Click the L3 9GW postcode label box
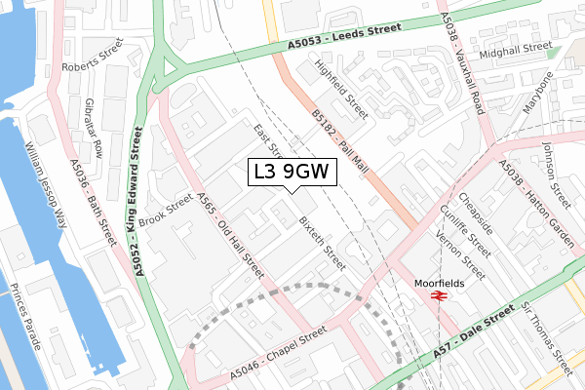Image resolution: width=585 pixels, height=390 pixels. (292, 173)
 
